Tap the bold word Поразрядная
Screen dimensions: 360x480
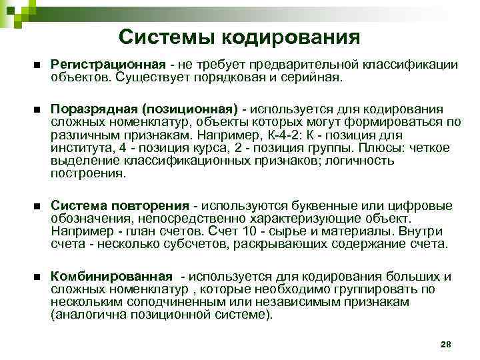click(91, 109)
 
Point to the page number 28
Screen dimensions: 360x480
click(446, 343)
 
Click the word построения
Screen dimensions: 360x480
click(87, 173)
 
